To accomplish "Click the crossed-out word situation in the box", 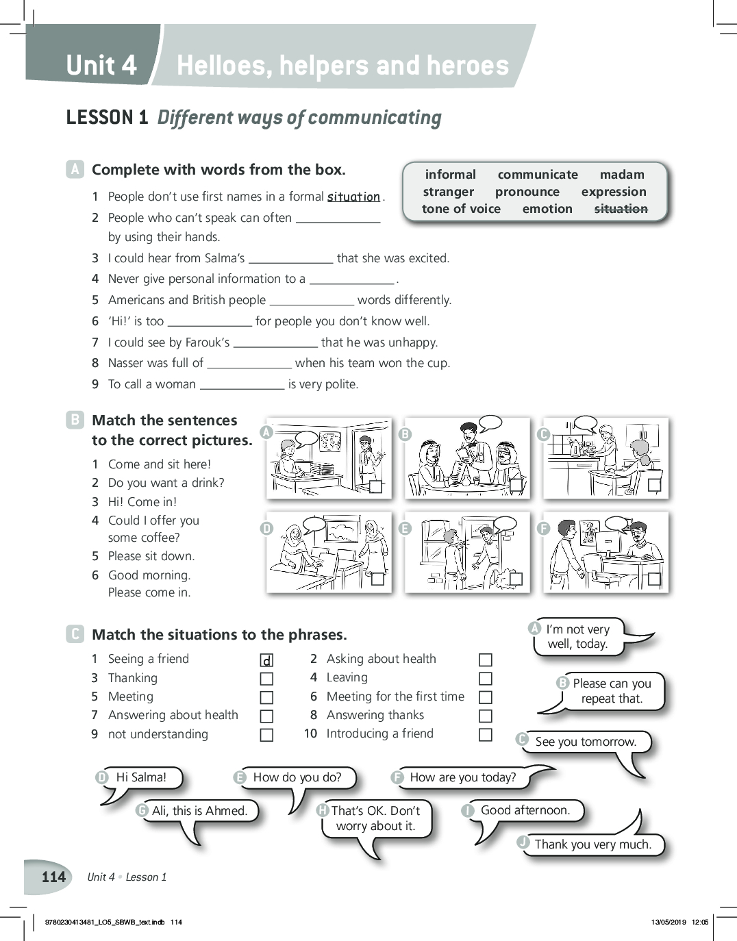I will (621, 209).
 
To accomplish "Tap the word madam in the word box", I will (622, 175).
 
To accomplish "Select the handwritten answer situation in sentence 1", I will (353, 197).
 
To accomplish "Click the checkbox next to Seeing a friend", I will (267, 660).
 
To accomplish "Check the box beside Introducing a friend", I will (486, 735).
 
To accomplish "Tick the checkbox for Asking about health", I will (486, 660).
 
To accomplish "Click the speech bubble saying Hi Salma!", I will (141, 777).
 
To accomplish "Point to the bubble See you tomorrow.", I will (586, 742).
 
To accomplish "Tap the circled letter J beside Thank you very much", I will (523, 842).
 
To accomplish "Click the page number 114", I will (53, 877).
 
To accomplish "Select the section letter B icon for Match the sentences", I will (75, 420).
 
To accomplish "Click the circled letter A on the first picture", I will (266, 432).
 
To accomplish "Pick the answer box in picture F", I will (654, 579).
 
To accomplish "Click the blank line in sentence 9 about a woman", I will (242, 385).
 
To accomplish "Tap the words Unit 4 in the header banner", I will (101, 65).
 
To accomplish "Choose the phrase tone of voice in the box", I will (461, 209).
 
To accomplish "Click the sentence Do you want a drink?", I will (166, 483).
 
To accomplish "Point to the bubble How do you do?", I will (297, 777).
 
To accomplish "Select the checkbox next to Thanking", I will (267, 679).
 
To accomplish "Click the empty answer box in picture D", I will (377, 579).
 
